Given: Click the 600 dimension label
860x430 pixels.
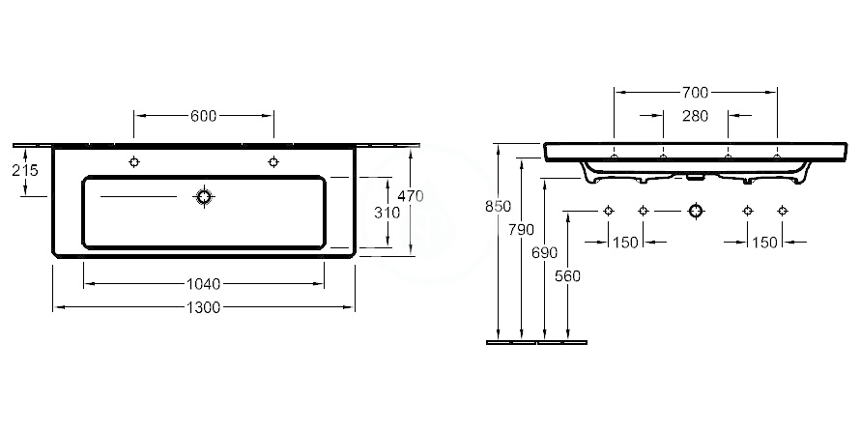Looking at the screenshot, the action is click(204, 116).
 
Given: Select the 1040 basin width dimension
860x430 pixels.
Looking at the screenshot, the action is click(204, 284).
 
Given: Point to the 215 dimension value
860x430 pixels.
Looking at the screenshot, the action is click(25, 171).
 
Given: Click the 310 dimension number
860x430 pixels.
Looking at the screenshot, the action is click(387, 213).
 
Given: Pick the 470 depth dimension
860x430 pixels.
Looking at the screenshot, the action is click(411, 196).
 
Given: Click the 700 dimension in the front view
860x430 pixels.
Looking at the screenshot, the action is click(695, 93).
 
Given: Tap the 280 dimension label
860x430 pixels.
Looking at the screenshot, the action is click(695, 116).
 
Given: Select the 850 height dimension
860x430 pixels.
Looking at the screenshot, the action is click(498, 206).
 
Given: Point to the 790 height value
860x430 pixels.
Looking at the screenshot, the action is click(521, 230).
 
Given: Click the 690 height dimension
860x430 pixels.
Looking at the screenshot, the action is click(544, 253).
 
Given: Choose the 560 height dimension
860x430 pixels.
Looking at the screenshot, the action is click(567, 276).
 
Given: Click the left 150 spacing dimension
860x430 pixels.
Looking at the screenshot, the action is click(625, 242).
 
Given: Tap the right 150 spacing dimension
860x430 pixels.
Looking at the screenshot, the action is click(764, 242).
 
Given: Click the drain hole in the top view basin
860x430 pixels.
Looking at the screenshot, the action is click(204, 196).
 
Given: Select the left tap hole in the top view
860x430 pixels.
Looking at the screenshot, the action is click(133, 161).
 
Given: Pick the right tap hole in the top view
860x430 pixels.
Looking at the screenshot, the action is click(273, 161).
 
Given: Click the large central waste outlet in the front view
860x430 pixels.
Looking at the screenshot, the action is click(696, 211).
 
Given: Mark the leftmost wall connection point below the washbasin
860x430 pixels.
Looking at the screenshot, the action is click(608, 211).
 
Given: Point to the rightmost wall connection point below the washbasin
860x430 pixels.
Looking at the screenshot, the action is click(783, 211).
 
